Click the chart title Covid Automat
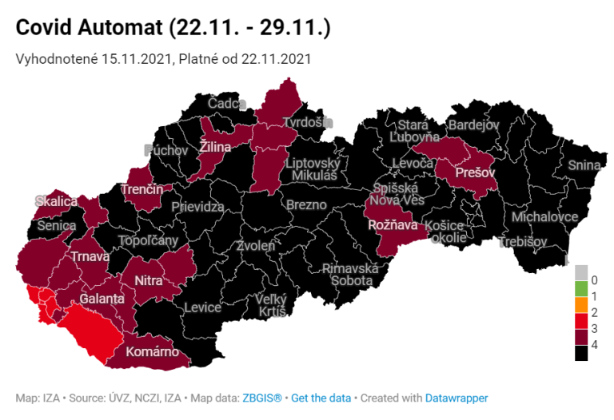(x=173, y=28)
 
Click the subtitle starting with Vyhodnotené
(x=163, y=59)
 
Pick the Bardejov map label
(x=473, y=125)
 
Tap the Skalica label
(x=55, y=201)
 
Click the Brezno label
(x=306, y=204)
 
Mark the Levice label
(x=202, y=307)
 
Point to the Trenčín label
(x=142, y=190)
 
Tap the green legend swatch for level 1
(x=581, y=287)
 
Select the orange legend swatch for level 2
(x=581, y=305)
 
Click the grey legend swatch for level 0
(x=581, y=271)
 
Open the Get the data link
(x=320, y=398)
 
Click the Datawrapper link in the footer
(x=456, y=398)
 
